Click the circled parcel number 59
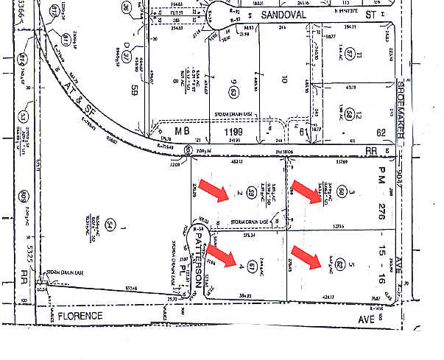click(251, 193)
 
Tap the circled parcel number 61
click(252, 264)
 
